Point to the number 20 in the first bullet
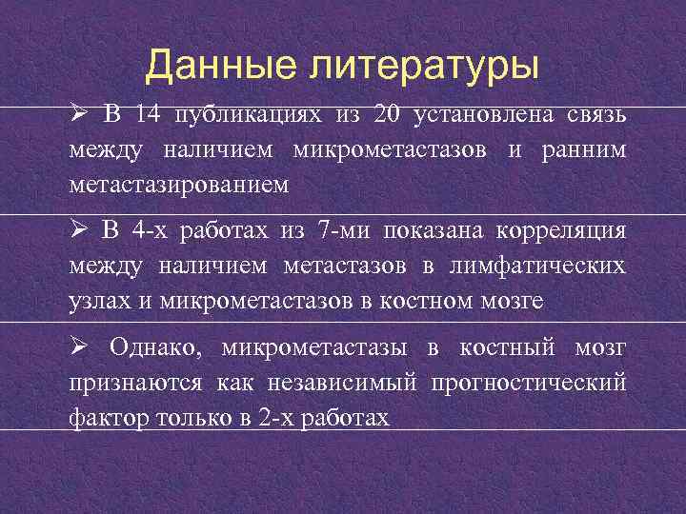(x=388, y=116)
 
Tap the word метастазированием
(x=177, y=184)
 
